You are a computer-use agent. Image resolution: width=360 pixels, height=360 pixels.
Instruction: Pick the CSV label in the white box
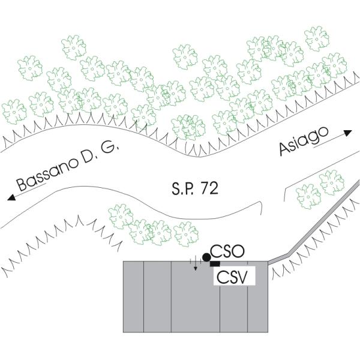pyautogui.click(x=235, y=277)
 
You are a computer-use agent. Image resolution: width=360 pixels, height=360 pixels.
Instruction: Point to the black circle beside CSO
pyautogui.click(x=207, y=257)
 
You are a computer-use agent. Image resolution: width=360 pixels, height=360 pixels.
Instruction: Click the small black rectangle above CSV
pyautogui.click(x=215, y=264)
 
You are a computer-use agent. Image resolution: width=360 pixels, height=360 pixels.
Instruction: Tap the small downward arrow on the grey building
pyautogui.click(x=195, y=267)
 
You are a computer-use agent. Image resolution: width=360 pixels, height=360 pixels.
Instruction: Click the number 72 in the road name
pyautogui.click(x=209, y=190)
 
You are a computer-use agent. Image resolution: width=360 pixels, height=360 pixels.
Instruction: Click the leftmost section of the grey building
pyautogui.click(x=133, y=296)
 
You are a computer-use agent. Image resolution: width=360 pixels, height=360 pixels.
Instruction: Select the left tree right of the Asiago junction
pyautogui.click(x=308, y=194)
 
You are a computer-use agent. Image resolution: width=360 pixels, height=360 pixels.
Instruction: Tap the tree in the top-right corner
pyautogui.click(x=316, y=38)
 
